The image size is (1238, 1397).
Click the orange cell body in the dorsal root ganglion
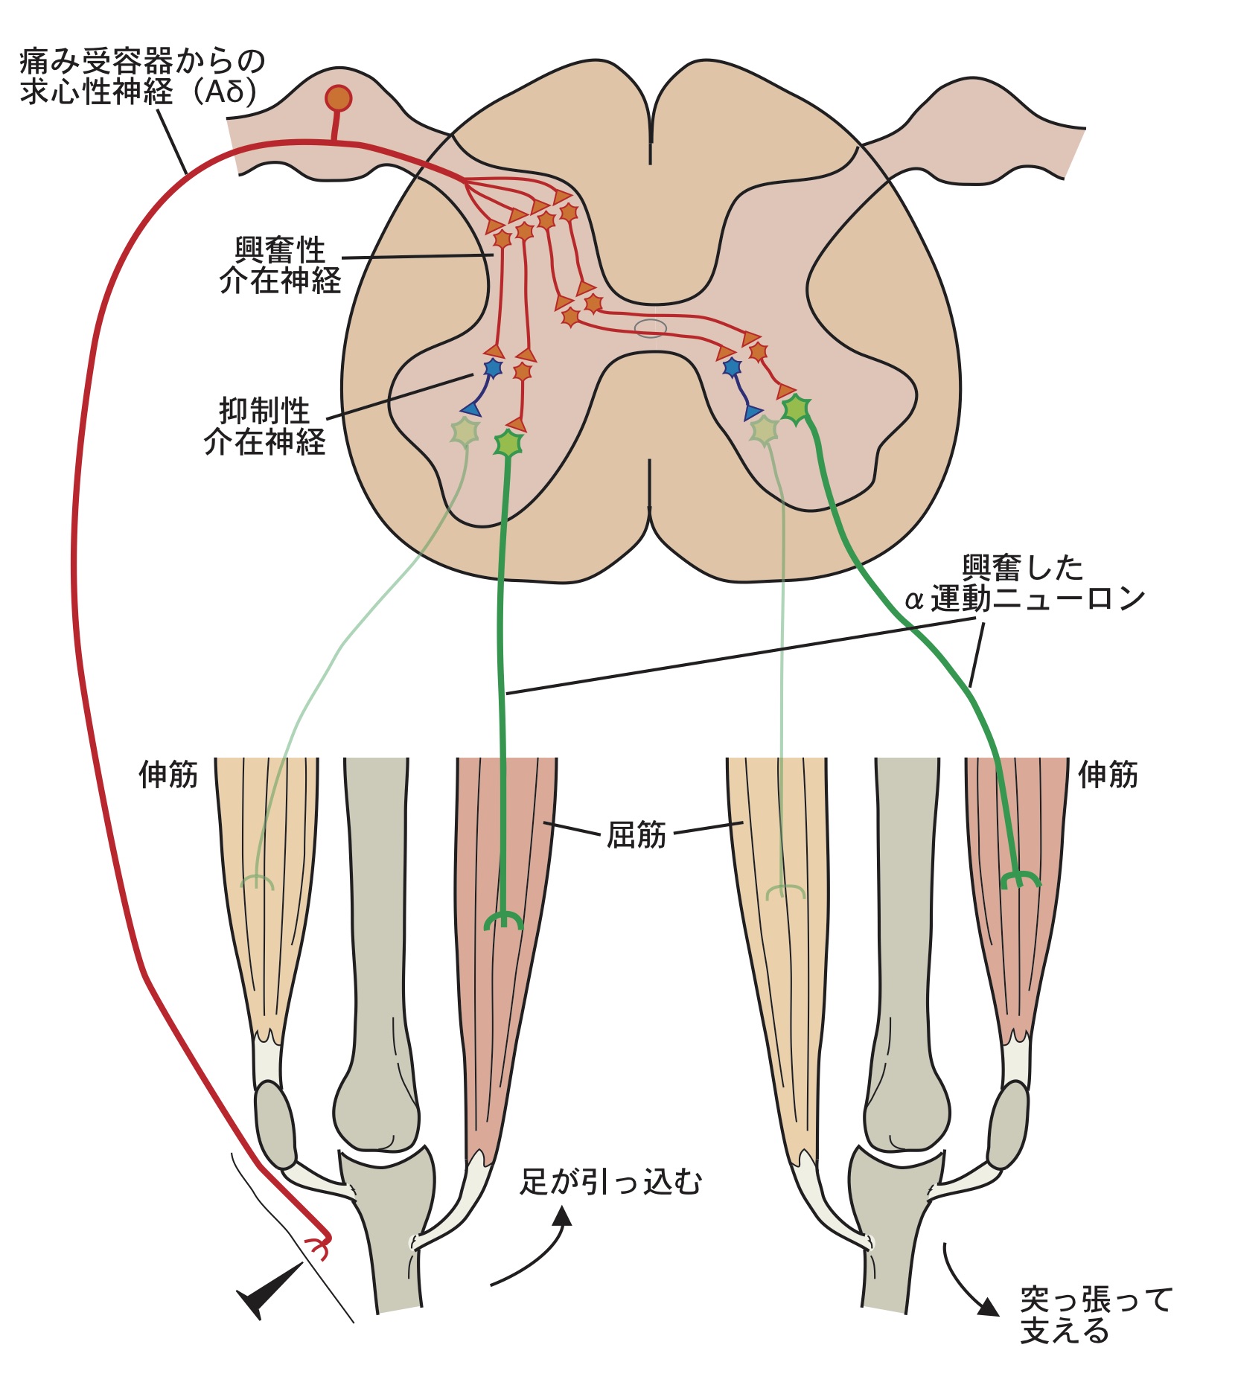pyautogui.click(x=338, y=98)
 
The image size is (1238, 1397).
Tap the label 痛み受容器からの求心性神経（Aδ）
pyautogui.click(x=141, y=76)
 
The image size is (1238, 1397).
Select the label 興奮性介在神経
pyautogui.click(x=280, y=266)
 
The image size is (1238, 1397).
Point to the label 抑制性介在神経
pyautogui.click(x=264, y=426)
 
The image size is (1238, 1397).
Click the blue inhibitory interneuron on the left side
pyautogui.click(x=493, y=368)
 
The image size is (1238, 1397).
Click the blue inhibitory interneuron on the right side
pyautogui.click(x=732, y=367)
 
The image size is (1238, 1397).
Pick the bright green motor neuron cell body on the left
pyautogui.click(x=509, y=444)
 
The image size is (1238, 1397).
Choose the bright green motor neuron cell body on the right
pyautogui.click(x=796, y=408)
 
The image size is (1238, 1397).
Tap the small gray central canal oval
pyautogui.click(x=650, y=327)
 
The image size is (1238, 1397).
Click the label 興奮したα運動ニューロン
pyautogui.click(x=1024, y=584)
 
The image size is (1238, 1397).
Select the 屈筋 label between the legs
pyautogui.click(x=636, y=835)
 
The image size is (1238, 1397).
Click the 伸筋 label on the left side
pyautogui.click(x=168, y=775)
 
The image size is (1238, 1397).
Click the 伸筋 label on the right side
pyautogui.click(x=1108, y=775)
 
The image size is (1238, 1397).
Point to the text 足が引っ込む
pyautogui.click(x=610, y=1182)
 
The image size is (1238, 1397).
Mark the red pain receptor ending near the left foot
pyautogui.click(x=319, y=1247)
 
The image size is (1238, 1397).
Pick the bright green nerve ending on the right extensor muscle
pyautogui.click(x=1020, y=879)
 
